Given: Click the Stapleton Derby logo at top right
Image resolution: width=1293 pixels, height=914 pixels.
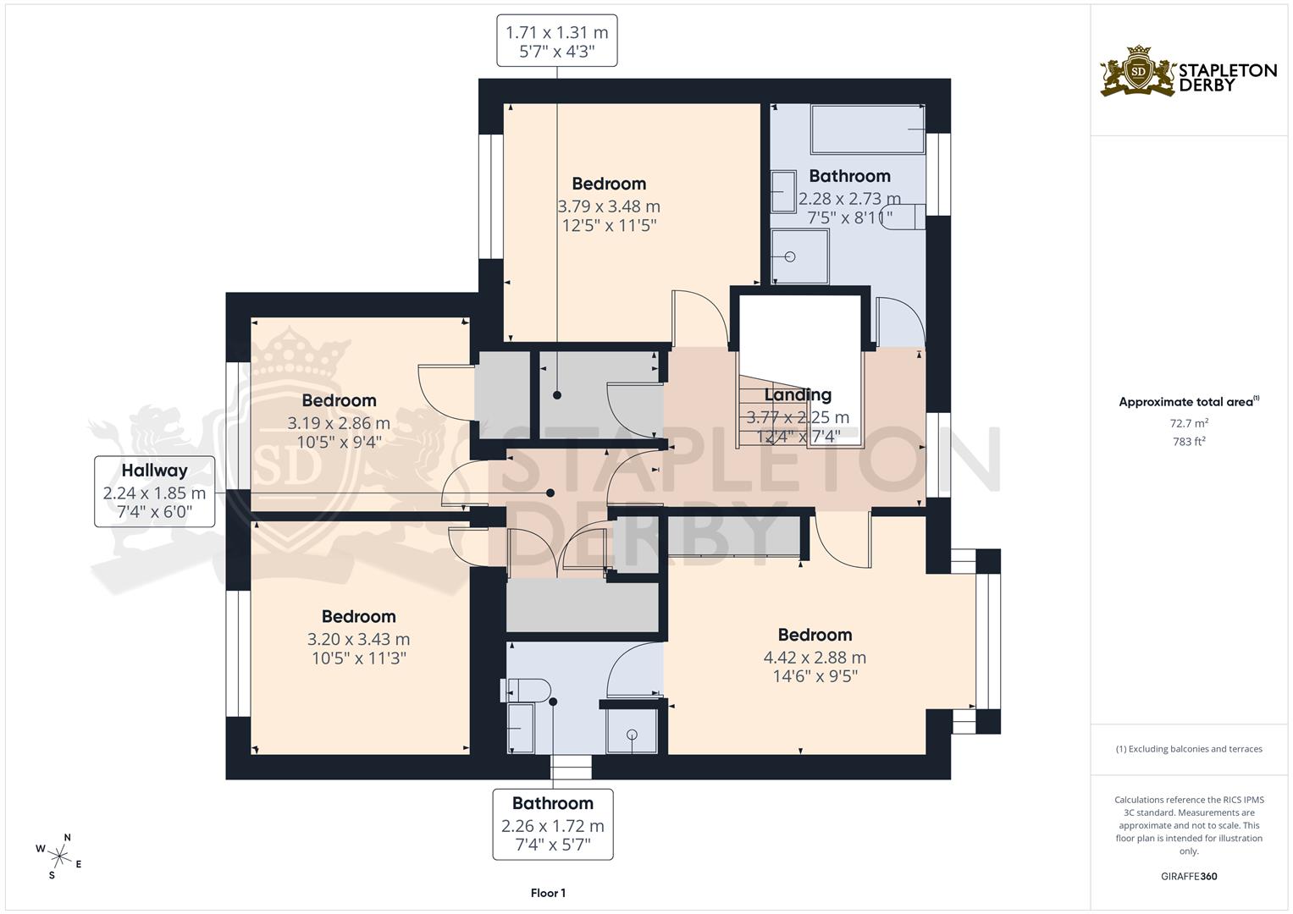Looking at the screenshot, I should click(x=1188, y=72).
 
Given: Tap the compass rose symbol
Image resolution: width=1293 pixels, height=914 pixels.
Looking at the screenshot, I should click(x=59, y=854).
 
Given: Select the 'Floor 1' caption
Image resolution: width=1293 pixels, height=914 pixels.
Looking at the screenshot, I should click(x=548, y=893).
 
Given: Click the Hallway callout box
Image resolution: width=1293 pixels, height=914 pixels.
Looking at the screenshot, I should click(x=154, y=492).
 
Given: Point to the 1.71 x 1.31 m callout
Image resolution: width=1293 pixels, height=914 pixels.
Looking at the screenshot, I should click(x=556, y=41).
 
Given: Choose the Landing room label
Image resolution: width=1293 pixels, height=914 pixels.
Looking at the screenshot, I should click(x=798, y=395).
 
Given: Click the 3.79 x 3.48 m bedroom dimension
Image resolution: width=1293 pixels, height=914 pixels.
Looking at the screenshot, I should click(x=609, y=206).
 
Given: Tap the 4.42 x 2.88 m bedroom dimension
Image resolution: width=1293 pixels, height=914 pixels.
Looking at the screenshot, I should click(x=815, y=658).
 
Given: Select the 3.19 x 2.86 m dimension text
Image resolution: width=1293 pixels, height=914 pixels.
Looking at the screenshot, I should click(x=339, y=423).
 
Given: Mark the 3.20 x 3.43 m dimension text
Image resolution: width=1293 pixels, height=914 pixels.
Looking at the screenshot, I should click(x=358, y=640).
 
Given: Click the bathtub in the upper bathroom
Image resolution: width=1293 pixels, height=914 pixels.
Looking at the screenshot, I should click(x=867, y=129).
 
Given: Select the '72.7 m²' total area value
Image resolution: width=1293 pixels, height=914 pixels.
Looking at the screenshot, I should click(x=1188, y=422).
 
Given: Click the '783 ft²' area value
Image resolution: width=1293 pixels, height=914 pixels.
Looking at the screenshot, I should click(x=1188, y=442).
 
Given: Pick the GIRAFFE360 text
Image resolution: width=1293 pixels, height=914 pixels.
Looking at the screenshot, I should click(x=1188, y=877).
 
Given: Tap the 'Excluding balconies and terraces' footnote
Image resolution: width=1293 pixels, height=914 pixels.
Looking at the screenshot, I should click(x=1189, y=749).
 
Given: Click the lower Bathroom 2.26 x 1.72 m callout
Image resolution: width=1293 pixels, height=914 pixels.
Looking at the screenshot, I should click(x=553, y=824).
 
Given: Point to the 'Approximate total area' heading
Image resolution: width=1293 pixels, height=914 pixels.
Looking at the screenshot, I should click(x=1188, y=402).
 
